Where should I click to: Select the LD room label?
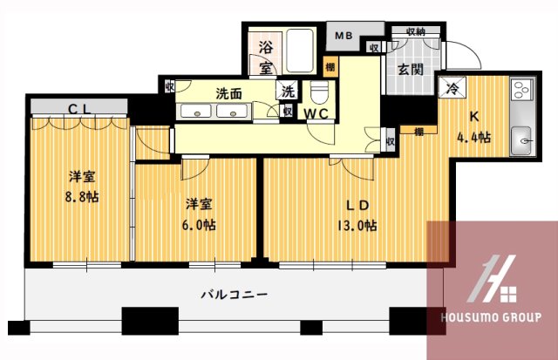pyautogui.click(x=358, y=206)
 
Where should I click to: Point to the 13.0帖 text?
pyautogui.click(x=358, y=226)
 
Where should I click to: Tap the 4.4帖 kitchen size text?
pyautogui.click(x=473, y=137)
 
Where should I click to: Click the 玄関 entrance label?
pyautogui.click(x=411, y=69)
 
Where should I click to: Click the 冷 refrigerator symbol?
pyautogui.click(x=453, y=86)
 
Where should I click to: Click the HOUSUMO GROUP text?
pyautogui.click(x=493, y=316)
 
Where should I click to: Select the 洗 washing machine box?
pyautogui.click(x=287, y=89)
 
